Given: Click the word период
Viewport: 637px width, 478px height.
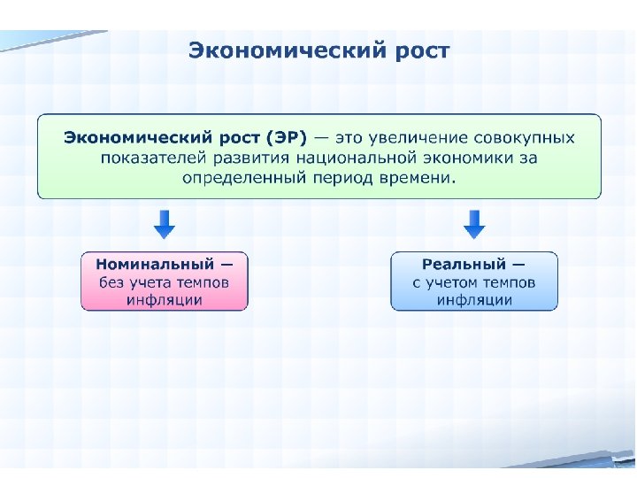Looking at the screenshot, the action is point(336,177).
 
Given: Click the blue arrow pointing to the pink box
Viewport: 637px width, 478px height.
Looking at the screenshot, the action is point(165,224).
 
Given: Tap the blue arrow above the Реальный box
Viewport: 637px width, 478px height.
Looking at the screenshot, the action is point(475,224).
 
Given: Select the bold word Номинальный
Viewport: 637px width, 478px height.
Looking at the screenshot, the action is point(155,264).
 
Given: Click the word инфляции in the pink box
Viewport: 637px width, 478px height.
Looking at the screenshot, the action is point(165,300).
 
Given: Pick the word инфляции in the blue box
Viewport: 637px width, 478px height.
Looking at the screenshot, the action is point(475,300).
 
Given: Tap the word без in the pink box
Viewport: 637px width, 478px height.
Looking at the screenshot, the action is point(112,282).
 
